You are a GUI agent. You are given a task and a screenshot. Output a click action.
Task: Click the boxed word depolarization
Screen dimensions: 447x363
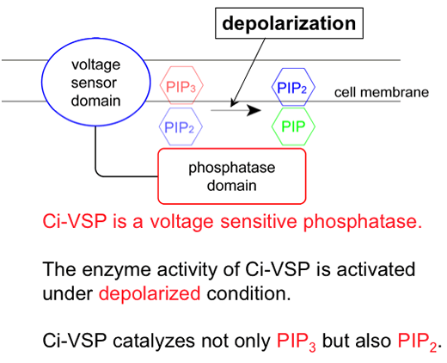coord(289,23)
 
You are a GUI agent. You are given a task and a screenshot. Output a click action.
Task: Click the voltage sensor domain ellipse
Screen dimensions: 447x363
coord(42,82)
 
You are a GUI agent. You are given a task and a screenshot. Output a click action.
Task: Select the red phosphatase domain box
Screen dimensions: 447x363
coord(158,176)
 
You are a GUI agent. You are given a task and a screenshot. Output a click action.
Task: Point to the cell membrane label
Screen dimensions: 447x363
coord(382,93)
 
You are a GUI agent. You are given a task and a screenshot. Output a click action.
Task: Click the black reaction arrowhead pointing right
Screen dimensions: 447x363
coord(254,110)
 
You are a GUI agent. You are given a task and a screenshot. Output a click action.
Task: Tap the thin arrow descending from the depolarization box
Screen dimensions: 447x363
coord(248,72)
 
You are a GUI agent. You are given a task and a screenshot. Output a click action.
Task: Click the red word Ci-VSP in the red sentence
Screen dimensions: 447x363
coord(75,221)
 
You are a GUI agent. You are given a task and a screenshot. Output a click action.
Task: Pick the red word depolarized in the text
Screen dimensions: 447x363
coord(150,294)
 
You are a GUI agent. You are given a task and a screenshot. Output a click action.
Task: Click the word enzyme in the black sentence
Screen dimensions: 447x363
coord(117,270)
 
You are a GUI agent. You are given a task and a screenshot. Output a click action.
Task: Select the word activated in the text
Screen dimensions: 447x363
coord(376,269)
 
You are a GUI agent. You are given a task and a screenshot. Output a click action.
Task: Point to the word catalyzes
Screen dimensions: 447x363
coord(156,341)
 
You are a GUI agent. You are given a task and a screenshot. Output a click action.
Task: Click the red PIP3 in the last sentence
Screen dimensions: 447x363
coord(297,341)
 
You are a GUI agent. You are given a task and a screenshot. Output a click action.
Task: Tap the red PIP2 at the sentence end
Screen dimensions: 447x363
coord(417,341)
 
